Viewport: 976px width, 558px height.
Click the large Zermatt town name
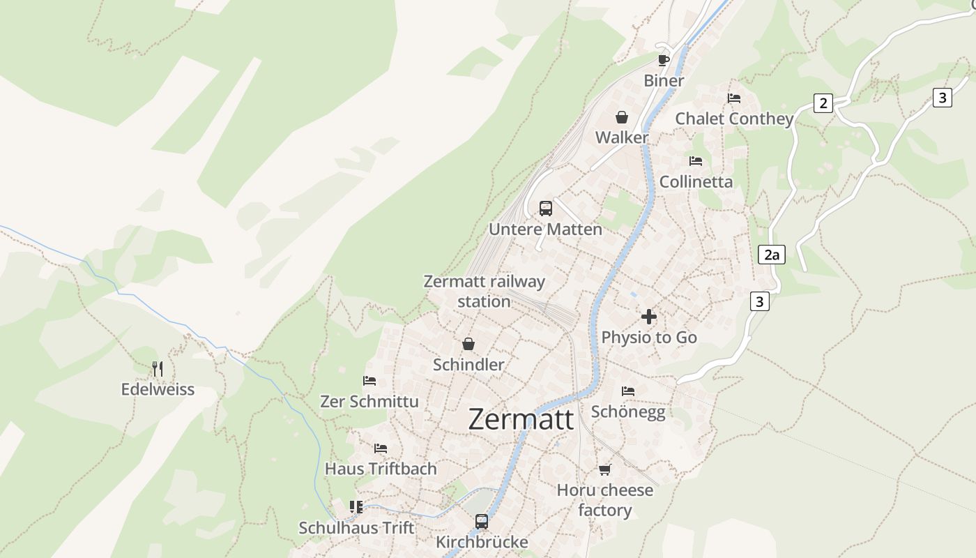(x=521, y=419)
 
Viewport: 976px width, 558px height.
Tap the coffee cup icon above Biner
(x=663, y=60)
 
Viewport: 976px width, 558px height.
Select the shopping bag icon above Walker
(x=621, y=117)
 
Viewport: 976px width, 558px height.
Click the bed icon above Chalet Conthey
(x=733, y=98)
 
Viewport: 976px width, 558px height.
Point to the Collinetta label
(x=696, y=182)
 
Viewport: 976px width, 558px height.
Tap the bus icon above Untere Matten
(x=546, y=208)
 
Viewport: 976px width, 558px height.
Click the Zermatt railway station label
(x=485, y=292)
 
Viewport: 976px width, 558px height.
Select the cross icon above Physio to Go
(x=649, y=317)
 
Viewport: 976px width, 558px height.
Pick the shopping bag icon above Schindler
(x=468, y=344)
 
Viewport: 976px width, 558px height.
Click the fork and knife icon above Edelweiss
(x=158, y=368)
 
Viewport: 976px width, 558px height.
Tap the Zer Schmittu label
(x=369, y=402)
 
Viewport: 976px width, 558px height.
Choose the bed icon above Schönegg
(x=628, y=391)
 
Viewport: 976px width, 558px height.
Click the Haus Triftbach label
(x=381, y=469)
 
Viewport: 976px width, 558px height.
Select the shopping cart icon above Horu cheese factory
(x=604, y=469)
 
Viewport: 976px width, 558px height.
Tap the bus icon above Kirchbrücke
(x=482, y=521)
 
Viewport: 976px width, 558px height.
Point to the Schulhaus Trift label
(x=356, y=528)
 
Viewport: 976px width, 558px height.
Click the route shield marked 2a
(x=771, y=255)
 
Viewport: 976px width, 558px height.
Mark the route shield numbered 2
(x=823, y=104)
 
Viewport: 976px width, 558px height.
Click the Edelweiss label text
(x=158, y=389)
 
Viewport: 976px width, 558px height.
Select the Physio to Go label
(x=649, y=338)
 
